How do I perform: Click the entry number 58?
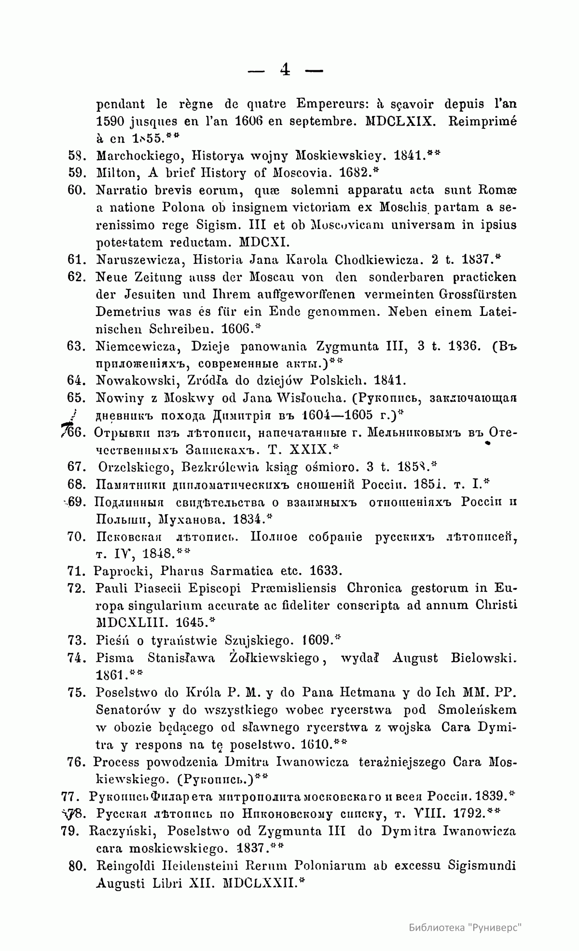77,156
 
